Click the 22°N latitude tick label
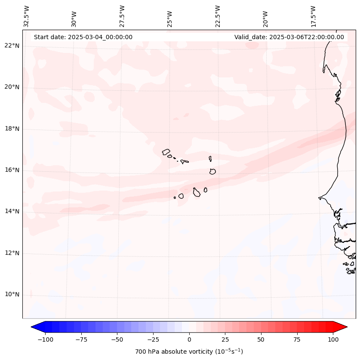(12, 46)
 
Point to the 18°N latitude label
(12, 129)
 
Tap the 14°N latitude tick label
(12, 211)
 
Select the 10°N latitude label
(12, 295)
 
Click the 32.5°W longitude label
(27, 16)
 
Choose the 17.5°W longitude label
(313, 16)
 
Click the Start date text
(83, 37)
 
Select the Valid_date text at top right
(289, 37)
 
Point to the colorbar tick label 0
(189, 339)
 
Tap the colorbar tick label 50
(261, 339)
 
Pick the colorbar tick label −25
(153, 339)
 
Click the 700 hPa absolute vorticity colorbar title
(189, 352)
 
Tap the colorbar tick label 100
(332, 339)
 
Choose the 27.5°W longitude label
(122, 16)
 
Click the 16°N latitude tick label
(12, 170)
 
